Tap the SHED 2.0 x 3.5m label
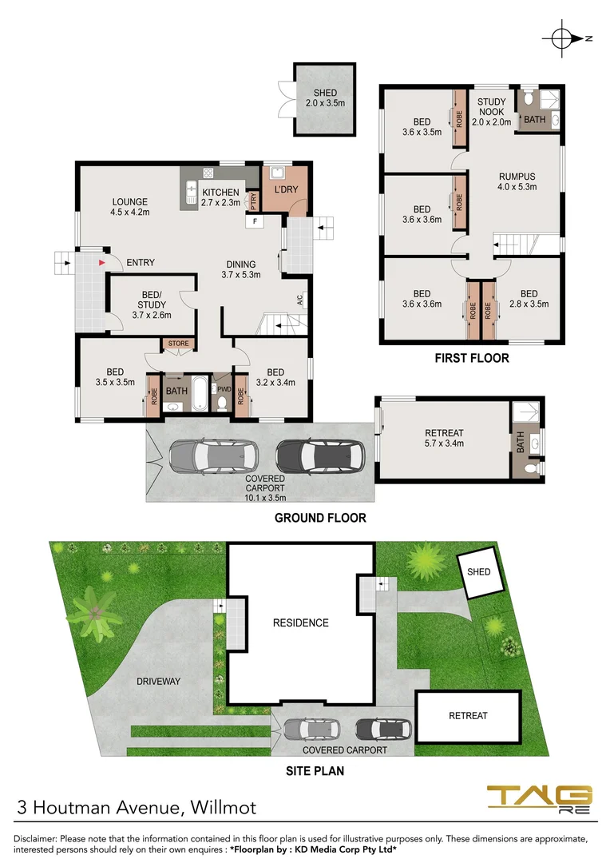tap(325, 98)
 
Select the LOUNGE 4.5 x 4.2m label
tap(131, 207)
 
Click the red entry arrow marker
tap(101, 261)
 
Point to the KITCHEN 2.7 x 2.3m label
tap(220, 197)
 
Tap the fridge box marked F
tap(255, 221)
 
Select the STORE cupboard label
tap(178, 344)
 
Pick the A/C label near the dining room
tap(299, 301)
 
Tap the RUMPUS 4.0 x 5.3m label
tap(517, 181)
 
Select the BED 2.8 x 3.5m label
tap(528, 298)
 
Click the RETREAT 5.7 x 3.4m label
tap(444, 438)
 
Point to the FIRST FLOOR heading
tap(471, 358)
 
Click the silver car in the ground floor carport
tap(210, 456)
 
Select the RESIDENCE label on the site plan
tap(300, 622)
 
